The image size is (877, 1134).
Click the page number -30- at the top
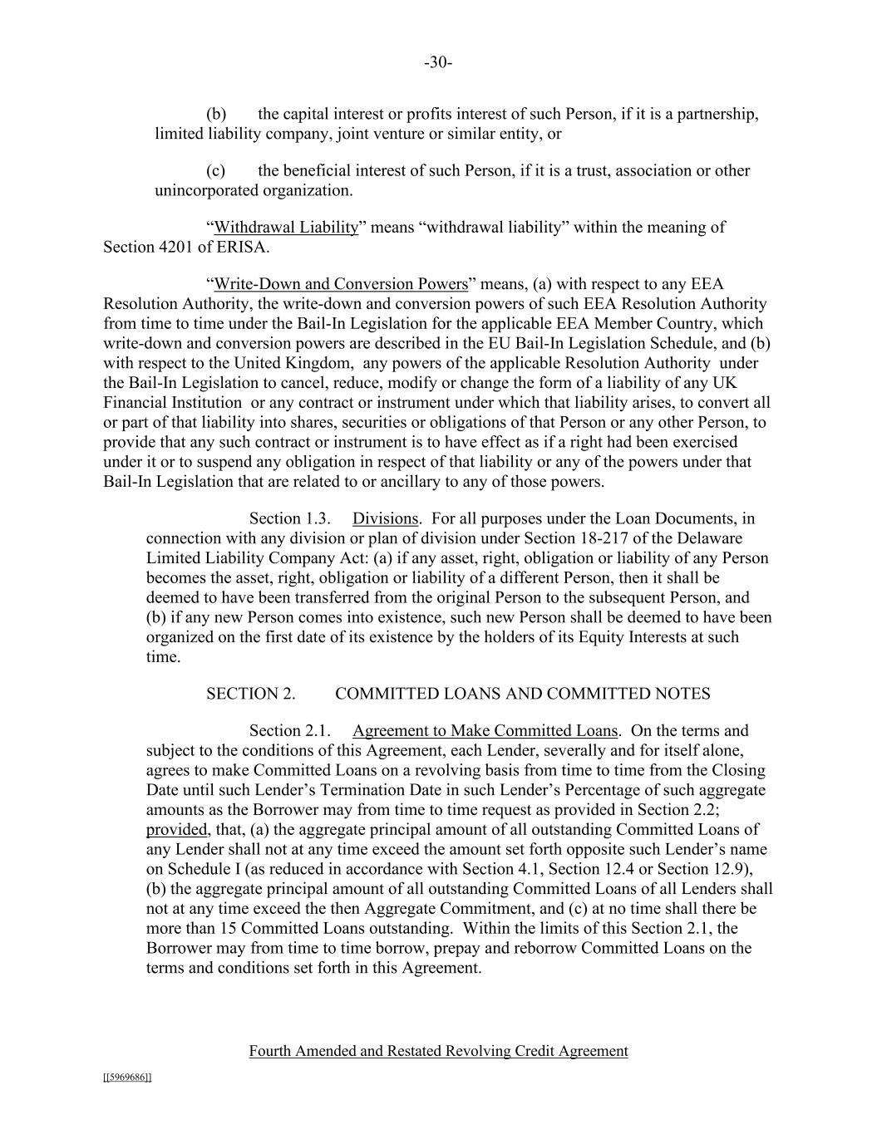point(438,63)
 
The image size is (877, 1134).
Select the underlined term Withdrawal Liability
point(286,227)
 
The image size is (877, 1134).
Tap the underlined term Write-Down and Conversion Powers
point(341,284)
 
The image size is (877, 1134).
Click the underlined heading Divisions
point(385,518)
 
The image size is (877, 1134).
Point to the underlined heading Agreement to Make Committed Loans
point(485,731)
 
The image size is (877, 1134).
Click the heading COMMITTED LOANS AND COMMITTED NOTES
point(522,694)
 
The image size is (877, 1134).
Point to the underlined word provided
point(176,830)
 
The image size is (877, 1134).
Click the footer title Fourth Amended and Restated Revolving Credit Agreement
point(438,1051)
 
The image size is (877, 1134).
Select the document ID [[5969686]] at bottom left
point(127,1078)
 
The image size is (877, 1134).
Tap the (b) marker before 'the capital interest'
point(216,114)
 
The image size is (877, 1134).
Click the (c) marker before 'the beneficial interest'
point(216,170)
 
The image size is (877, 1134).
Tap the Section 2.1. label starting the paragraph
point(290,731)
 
